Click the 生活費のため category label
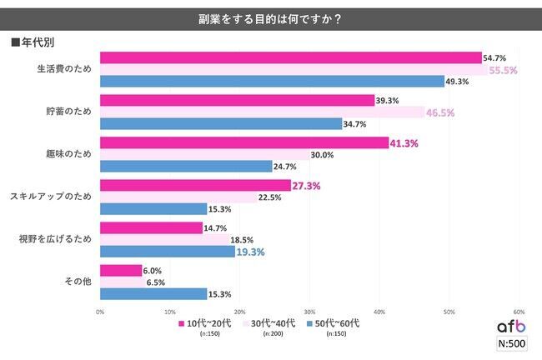click(x=63, y=70)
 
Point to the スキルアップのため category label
click(x=50, y=197)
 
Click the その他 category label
click(x=78, y=282)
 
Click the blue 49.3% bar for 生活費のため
click(x=272, y=82)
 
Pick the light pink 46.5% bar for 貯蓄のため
click(x=262, y=112)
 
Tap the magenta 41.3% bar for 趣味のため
click(x=243, y=143)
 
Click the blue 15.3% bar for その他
click(x=153, y=293)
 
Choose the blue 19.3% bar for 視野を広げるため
click(x=167, y=251)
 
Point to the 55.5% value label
click(x=502, y=70)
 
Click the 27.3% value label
click(x=306, y=185)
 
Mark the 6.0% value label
click(x=153, y=270)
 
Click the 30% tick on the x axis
click(x=309, y=311)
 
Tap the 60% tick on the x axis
click(x=519, y=311)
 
